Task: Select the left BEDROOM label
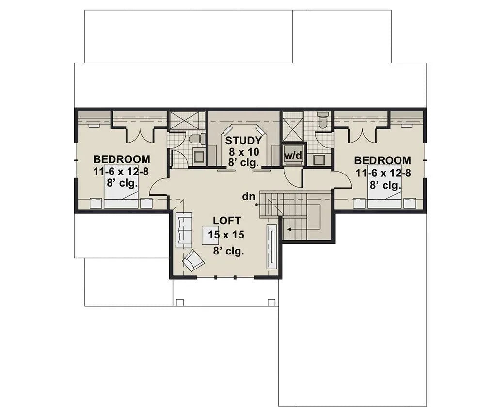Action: point(122,159)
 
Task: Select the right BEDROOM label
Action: point(383,160)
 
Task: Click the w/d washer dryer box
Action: point(294,155)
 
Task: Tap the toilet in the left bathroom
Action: point(195,139)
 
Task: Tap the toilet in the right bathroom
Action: point(323,119)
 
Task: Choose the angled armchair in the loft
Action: point(193,261)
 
